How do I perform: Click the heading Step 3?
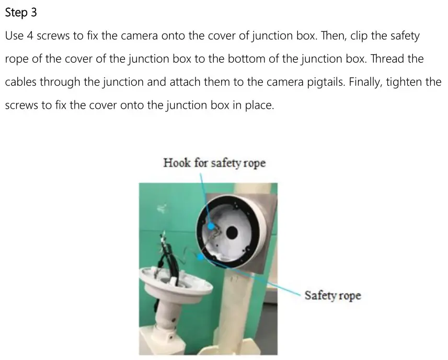(21, 13)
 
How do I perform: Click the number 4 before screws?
(30, 37)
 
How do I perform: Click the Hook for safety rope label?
(214, 163)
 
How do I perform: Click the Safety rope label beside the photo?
(333, 296)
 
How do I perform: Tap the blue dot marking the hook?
(211, 227)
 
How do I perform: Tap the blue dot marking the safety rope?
(201, 257)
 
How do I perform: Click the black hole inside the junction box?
(232, 231)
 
